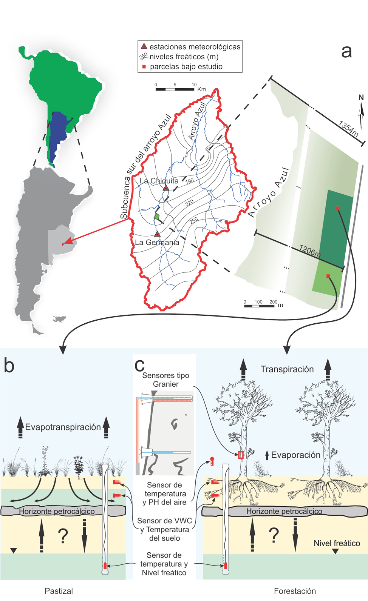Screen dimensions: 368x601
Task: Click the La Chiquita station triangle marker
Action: click(x=166, y=188)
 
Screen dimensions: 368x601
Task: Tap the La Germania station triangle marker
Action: click(x=157, y=234)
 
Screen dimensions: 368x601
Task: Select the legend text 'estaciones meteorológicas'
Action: click(x=195, y=47)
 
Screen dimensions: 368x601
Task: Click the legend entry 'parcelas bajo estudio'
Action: click(x=186, y=67)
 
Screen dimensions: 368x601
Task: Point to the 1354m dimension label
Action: click(x=348, y=129)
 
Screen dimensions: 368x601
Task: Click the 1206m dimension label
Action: click(x=310, y=251)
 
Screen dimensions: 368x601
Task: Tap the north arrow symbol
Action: click(x=361, y=113)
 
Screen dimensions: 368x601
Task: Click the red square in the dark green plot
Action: click(x=337, y=208)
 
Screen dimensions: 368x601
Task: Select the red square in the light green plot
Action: click(x=328, y=276)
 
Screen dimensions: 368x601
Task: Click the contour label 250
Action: click(x=194, y=220)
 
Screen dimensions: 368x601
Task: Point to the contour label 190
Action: click(x=189, y=181)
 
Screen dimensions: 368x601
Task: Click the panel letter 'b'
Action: click(x=9, y=366)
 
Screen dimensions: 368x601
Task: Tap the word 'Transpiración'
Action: click(x=287, y=369)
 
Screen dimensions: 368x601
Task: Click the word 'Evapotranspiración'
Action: click(x=63, y=427)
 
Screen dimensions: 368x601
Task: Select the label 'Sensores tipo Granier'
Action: click(x=165, y=380)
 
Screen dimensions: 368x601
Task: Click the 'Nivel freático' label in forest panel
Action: click(x=337, y=543)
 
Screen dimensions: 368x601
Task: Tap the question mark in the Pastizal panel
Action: click(x=63, y=536)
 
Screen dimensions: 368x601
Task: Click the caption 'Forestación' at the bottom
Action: click(x=295, y=591)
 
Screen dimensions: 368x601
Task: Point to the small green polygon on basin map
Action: click(x=156, y=217)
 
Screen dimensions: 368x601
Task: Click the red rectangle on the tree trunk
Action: click(x=241, y=455)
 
